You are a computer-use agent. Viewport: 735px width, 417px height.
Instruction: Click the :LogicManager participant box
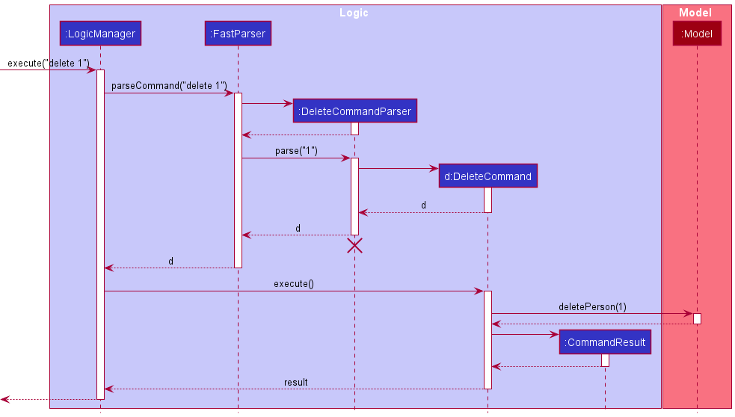100,33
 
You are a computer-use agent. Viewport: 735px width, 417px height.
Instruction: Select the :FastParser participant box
238,33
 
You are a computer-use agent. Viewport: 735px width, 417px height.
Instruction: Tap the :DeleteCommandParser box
354,111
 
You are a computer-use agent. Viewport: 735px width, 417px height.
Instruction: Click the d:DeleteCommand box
488,176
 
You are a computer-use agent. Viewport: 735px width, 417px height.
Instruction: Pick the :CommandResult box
605,342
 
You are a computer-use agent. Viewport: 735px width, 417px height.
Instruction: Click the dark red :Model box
697,33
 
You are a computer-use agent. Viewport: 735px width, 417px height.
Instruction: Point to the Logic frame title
354,13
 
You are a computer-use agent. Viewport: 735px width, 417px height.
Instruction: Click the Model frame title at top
695,13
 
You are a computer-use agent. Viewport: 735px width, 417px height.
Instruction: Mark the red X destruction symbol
354,246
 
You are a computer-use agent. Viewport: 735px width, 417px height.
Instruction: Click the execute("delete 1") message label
49,63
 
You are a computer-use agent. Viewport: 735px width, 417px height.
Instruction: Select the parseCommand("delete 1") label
169,86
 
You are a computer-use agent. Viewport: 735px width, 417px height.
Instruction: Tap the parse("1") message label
296,151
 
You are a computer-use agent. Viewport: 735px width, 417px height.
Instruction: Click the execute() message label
293,284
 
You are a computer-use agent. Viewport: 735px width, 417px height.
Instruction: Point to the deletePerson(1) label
592,307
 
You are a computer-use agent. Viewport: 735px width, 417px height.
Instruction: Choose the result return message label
295,382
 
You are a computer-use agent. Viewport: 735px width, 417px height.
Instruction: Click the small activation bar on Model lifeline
697,318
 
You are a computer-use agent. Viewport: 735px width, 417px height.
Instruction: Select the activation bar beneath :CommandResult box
605,360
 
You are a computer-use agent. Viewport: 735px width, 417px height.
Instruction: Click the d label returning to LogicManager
170,262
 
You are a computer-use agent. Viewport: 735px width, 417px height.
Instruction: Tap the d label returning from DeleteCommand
423,206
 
